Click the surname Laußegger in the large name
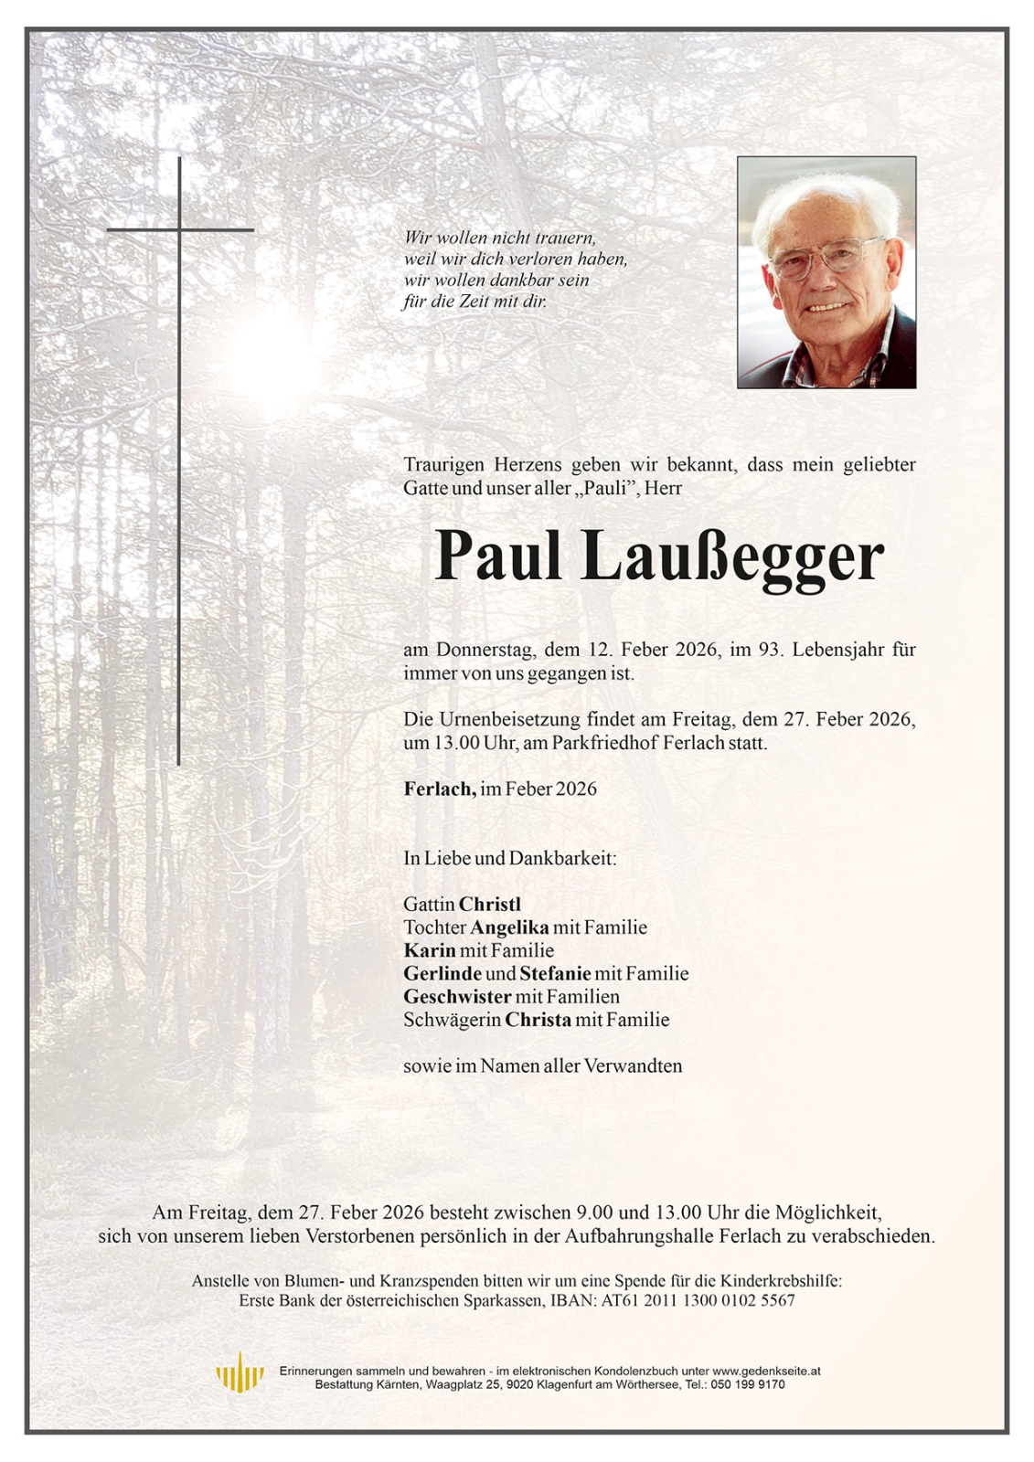click(731, 556)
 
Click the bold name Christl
click(490, 904)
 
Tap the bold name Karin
click(430, 950)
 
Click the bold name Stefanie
click(555, 973)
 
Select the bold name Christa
click(538, 1020)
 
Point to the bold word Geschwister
click(457, 997)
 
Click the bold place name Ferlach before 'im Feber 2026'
click(439, 789)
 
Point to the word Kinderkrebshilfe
click(783, 1281)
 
